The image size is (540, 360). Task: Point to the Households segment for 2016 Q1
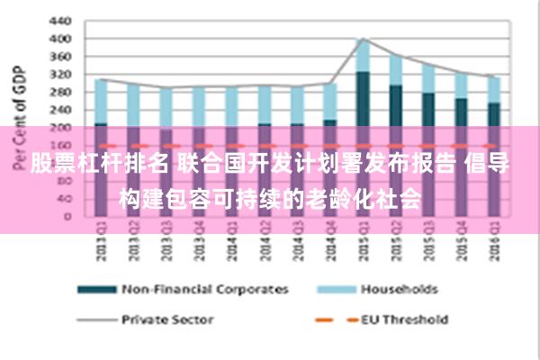pyautogui.click(x=493, y=89)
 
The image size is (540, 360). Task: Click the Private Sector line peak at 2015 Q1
pyautogui.click(x=363, y=39)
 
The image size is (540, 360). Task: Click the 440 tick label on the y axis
pyautogui.click(x=60, y=20)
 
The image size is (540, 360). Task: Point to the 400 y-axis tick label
pyautogui.click(x=60, y=39)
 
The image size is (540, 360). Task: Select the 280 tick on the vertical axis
pyautogui.click(x=60, y=92)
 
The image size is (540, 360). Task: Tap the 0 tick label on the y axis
pyautogui.click(x=67, y=216)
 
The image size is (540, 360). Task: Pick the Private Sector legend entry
pyautogui.click(x=166, y=319)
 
